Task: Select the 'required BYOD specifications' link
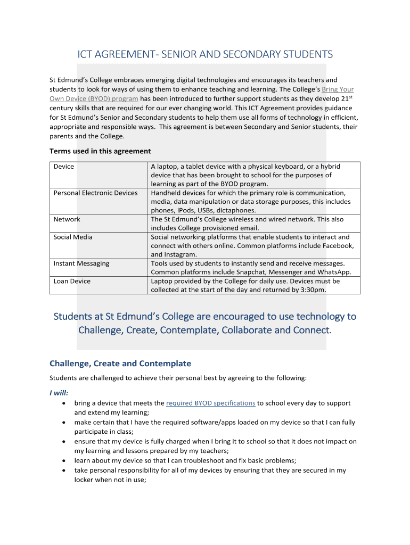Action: pos(210,403)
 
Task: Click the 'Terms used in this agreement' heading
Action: pos(100,151)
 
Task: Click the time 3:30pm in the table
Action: pos(311,290)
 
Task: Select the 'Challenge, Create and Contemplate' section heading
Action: pos(120,364)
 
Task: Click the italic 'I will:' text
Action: pos(59,393)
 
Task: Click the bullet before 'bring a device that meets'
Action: pos(64,403)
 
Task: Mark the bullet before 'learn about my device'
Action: pos(64,461)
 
